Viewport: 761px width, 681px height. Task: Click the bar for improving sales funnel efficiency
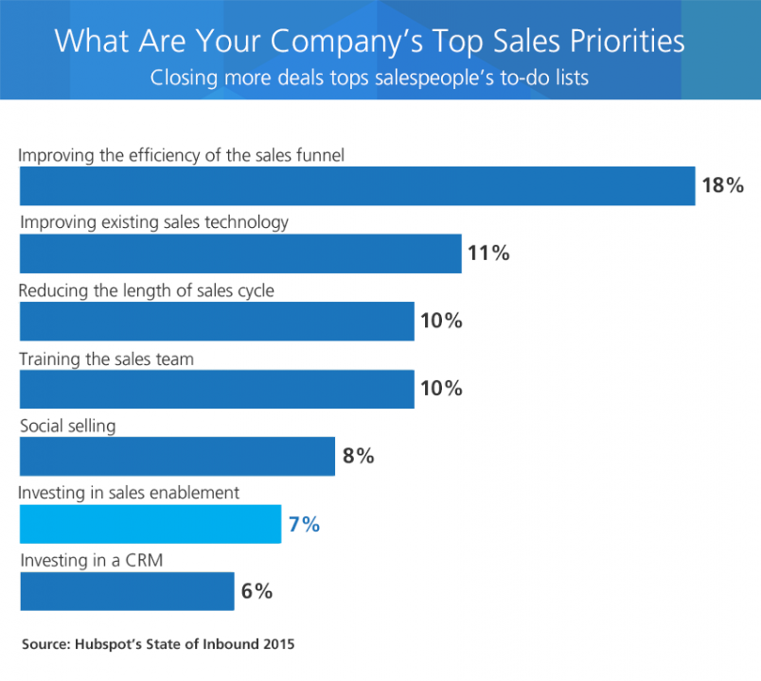pyautogui.click(x=358, y=185)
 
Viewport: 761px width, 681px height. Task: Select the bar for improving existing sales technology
pyautogui.click(x=240, y=253)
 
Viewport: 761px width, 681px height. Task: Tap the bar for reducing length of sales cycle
pyautogui.click(x=217, y=321)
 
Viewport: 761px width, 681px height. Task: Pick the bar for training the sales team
pyautogui.click(x=217, y=389)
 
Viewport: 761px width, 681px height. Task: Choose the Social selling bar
pyautogui.click(x=177, y=456)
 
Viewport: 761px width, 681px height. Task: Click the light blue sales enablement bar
pyautogui.click(x=150, y=524)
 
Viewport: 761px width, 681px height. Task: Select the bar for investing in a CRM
pyautogui.click(x=127, y=591)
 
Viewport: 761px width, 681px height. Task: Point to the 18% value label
pyautogui.click(x=722, y=185)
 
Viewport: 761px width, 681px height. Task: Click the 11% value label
pyautogui.click(x=488, y=253)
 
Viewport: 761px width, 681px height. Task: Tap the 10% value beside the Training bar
pyautogui.click(x=441, y=389)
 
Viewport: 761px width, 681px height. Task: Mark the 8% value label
pyautogui.click(x=359, y=456)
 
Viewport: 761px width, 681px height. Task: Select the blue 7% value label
pyautogui.click(x=305, y=524)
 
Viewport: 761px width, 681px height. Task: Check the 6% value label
pyautogui.click(x=257, y=591)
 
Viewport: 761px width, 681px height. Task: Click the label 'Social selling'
pyautogui.click(x=68, y=426)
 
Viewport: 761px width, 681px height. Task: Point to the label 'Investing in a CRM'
pyautogui.click(x=92, y=561)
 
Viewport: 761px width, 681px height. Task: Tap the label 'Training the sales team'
pyautogui.click(x=107, y=358)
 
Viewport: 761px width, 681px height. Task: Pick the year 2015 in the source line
pyautogui.click(x=276, y=644)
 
